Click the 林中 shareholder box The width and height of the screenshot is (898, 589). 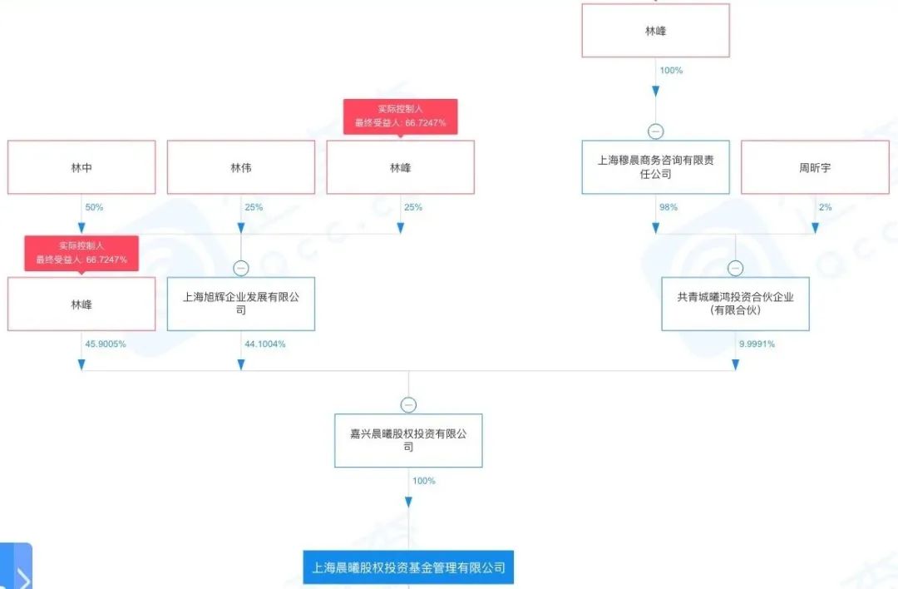[x=81, y=167]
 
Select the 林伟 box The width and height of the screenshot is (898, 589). [x=241, y=167]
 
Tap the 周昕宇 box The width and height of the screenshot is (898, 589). [x=815, y=167]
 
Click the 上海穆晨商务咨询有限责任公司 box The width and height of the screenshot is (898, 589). [x=655, y=167]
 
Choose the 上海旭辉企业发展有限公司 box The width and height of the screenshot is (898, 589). [x=241, y=304]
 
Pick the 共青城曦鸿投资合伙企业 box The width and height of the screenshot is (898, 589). [x=735, y=304]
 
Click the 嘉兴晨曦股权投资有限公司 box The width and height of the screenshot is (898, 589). [x=408, y=440]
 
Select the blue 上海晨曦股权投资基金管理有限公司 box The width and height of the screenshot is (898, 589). [x=408, y=568]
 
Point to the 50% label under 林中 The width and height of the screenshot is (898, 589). [x=94, y=207]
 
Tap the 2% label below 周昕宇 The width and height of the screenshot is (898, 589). [x=825, y=207]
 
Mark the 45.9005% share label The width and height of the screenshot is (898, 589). [x=105, y=344]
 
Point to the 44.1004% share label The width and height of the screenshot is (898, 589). [x=264, y=344]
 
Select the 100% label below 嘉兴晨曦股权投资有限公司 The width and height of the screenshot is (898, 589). [x=422, y=481]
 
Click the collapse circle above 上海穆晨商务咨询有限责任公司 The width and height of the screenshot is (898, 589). [x=655, y=131]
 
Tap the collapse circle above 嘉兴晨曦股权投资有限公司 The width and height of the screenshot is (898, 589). [x=408, y=405]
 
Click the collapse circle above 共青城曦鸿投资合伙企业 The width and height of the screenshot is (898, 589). [x=735, y=268]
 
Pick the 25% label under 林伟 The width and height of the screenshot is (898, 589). [x=254, y=207]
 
